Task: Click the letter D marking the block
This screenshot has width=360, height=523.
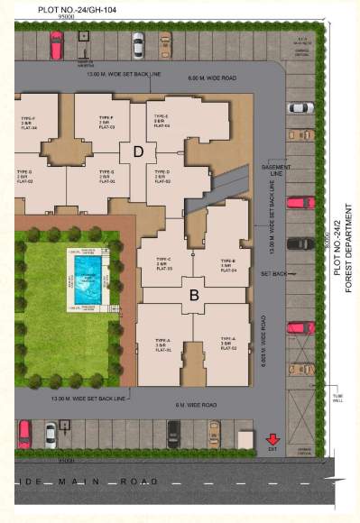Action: pos(138,151)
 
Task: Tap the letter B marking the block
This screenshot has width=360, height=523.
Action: pos(193,294)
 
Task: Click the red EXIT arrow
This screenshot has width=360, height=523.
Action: pos(273,440)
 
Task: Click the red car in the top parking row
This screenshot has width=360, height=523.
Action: pos(56,44)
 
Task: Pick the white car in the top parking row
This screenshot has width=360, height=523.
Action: pos(138,44)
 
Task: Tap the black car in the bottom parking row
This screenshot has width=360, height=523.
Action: pos(174,434)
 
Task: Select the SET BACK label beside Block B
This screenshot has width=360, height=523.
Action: pos(273,271)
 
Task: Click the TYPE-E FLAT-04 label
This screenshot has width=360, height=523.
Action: pos(162,121)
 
